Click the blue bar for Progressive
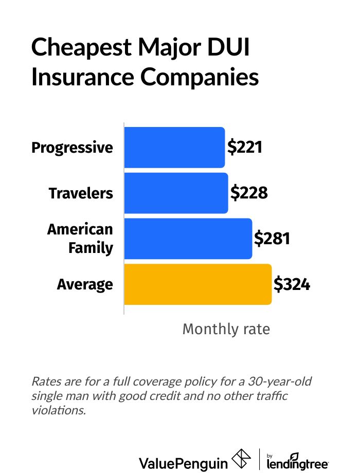click(174, 148)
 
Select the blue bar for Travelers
click(176, 193)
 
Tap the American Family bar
click(188, 239)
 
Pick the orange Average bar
click(197, 284)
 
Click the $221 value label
click(245, 148)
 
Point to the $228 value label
click(249, 193)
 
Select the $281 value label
click(273, 239)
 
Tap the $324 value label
click(292, 284)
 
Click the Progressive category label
click(72, 148)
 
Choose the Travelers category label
click(81, 194)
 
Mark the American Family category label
click(80, 239)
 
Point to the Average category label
click(85, 285)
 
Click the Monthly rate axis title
click(226, 329)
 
